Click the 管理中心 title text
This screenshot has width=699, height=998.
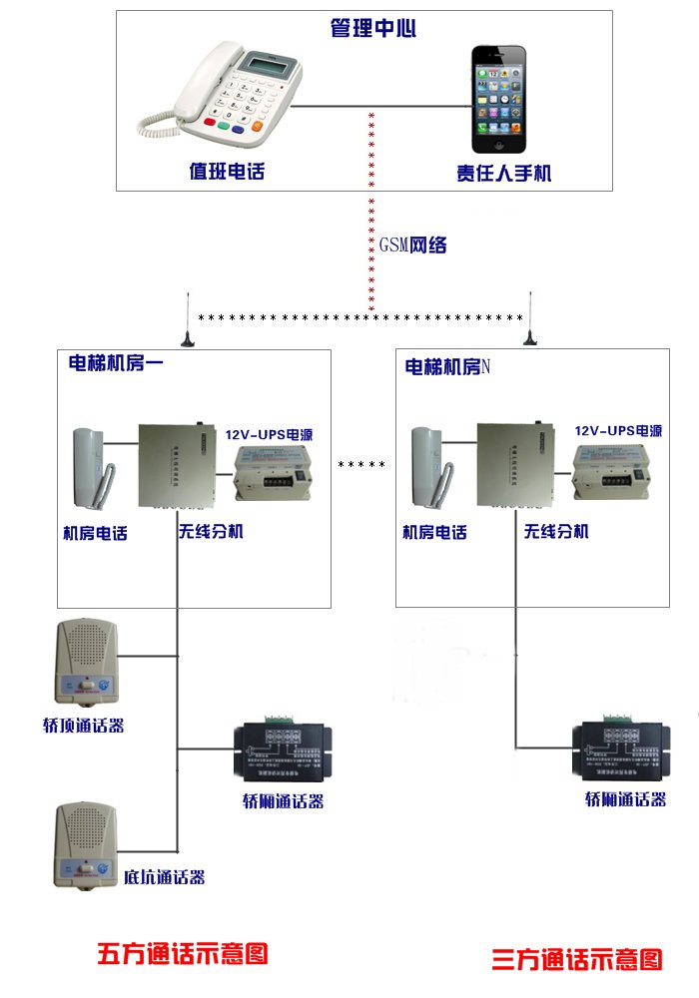pos(372,28)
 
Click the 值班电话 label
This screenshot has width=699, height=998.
pos(227,171)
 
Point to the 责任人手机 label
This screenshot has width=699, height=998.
pos(504,173)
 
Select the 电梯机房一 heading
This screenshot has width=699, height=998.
pos(115,363)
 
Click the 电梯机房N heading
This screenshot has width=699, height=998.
pos(447,367)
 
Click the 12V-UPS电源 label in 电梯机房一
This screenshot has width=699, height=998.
pos(269,435)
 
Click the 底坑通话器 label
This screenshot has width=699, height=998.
pos(165,877)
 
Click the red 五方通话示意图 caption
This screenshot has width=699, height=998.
pos(183,952)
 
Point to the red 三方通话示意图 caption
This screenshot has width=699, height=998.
pos(577,960)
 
